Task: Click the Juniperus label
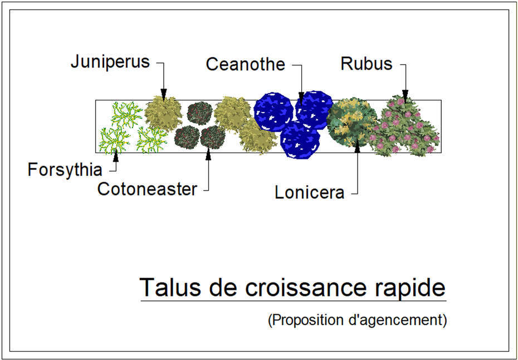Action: [110, 62]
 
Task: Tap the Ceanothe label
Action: [246, 64]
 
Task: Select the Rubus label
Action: [366, 64]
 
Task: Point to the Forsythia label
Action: [65, 170]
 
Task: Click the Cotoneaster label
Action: [148, 189]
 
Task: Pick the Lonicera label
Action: [310, 193]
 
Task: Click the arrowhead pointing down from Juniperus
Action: [164, 95]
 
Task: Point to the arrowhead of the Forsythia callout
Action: [115, 157]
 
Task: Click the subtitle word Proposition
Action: [305, 320]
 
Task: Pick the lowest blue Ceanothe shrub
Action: [300, 139]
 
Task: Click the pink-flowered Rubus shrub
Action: [405, 126]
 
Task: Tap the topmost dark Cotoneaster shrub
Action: [199, 113]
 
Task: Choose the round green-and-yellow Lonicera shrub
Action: [352, 122]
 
